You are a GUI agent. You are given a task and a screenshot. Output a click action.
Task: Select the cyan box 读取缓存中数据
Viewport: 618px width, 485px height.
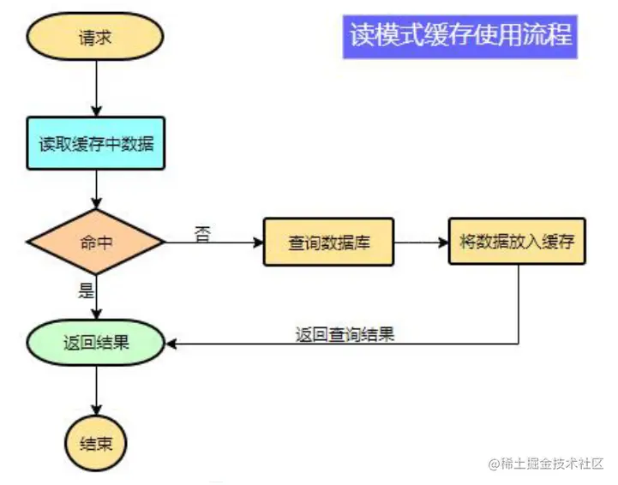(x=96, y=143)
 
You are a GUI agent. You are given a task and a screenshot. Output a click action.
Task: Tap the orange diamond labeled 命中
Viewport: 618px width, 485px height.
(x=96, y=242)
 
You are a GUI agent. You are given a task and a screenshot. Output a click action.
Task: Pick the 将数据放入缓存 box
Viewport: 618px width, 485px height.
(x=517, y=241)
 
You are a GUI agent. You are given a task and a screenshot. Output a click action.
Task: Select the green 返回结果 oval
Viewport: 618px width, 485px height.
(x=96, y=344)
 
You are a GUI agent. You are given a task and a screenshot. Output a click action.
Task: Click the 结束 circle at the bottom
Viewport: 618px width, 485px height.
(x=96, y=443)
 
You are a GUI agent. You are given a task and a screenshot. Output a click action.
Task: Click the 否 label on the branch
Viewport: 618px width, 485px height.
(x=202, y=231)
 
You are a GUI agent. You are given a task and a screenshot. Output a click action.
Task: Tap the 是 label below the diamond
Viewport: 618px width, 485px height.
(x=86, y=290)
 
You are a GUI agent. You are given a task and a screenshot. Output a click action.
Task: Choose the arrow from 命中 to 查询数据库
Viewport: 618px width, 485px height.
(x=214, y=242)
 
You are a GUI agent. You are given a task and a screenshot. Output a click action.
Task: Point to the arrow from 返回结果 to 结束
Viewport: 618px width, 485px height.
(x=96, y=393)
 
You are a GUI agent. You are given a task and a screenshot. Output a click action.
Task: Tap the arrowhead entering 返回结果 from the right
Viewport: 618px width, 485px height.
(x=171, y=344)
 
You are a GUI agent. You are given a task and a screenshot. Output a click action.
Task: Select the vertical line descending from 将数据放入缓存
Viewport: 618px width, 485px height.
(x=518, y=304)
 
